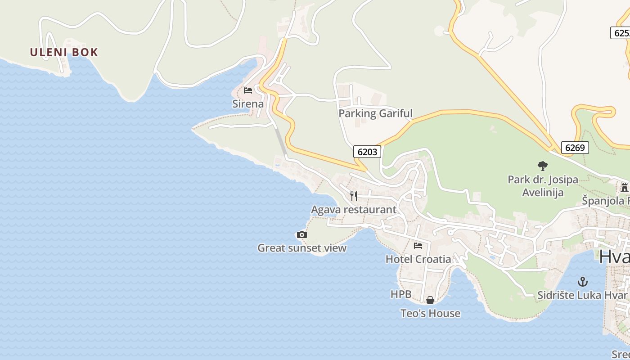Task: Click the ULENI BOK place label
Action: pyautogui.click(x=64, y=52)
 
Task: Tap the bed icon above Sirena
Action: pyautogui.click(x=247, y=90)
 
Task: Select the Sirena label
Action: pyautogui.click(x=248, y=104)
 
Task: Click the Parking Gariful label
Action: pyautogui.click(x=375, y=113)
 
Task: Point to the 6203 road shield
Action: pyautogui.click(x=367, y=152)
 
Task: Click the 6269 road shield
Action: pyautogui.click(x=575, y=148)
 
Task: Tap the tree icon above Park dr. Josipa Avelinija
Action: pyautogui.click(x=543, y=166)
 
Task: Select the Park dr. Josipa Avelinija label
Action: pyautogui.click(x=543, y=186)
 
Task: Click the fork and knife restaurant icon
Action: pyautogui.click(x=354, y=196)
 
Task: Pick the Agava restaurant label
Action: pyautogui.click(x=354, y=210)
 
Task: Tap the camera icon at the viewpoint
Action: pyautogui.click(x=302, y=234)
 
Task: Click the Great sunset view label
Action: pyautogui.click(x=302, y=248)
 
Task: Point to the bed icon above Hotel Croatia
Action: pyautogui.click(x=418, y=246)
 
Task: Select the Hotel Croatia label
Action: pyautogui.click(x=418, y=259)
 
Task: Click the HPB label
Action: pyautogui.click(x=400, y=294)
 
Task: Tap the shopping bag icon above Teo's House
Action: pyautogui.click(x=430, y=300)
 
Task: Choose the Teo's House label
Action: pyautogui.click(x=430, y=314)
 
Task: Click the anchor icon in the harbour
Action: pyautogui.click(x=583, y=282)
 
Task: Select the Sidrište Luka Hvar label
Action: pyautogui.click(x=582, y=296)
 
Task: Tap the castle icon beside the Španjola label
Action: pyautogui.click(x=624, y=187)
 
